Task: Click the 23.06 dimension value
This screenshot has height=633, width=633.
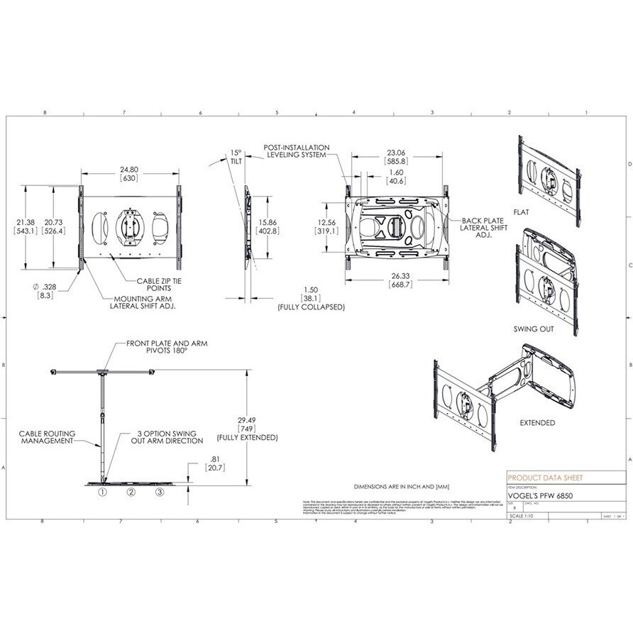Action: click(396, 153)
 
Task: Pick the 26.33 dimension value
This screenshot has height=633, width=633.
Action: click(396, 277)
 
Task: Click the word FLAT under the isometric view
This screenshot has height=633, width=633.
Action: click(541, 210)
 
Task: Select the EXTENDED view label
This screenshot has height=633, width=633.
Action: click(538, 422)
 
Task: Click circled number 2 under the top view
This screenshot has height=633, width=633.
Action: click(131, 491)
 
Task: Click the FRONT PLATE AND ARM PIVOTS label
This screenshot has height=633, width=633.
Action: click(167, 347)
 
